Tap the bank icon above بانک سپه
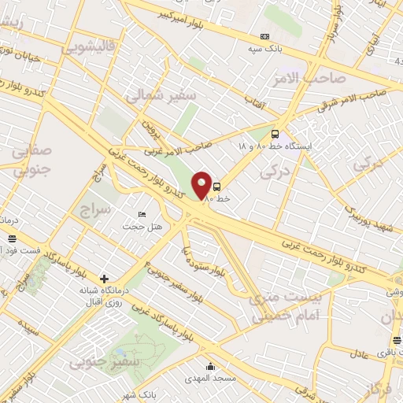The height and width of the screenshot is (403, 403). (264, 36)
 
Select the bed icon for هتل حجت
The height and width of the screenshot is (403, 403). (142, 214)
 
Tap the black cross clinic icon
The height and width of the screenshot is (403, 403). (105, 279)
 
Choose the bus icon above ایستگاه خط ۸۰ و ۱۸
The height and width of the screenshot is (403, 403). (275, 134)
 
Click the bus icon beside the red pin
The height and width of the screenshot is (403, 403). (217, 187)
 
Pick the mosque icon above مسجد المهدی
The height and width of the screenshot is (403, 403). (209, 366)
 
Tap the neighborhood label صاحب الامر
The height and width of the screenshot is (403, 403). (297, 77)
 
